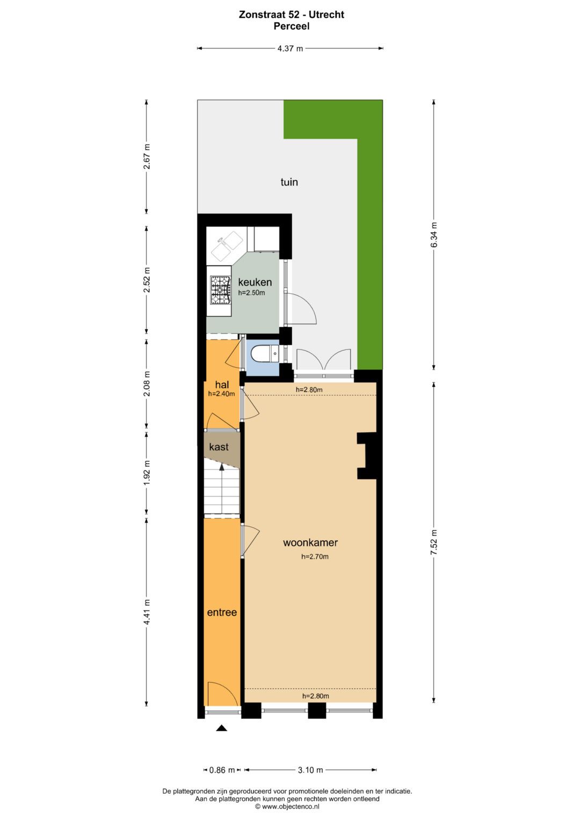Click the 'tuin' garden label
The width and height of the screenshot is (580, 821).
pyautogui.click(x=289, y=182)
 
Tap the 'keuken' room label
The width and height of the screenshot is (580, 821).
pyautogui.click(x=255, y=282)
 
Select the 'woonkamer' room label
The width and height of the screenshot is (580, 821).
pyautogui.click(x=310, y=542)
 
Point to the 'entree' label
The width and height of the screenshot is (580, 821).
pyautogui.click(x=222, y=612)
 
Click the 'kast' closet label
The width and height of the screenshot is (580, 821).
pyautogui.click(x=219, y=447)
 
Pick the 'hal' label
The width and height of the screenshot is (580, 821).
pyautogui.click(x=222, y=384)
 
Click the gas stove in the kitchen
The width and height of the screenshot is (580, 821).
pyautogui.click(x=220, y=290)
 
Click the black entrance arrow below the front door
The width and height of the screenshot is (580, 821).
pyautogui.click(x=221, y=728)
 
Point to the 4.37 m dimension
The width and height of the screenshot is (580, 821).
pyautogui.click(x=290, y=48)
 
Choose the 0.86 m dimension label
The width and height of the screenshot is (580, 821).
pyautogui.click(x=222, y=770)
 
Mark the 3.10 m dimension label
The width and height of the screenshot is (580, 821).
pyautogui.click(x=310, y=770)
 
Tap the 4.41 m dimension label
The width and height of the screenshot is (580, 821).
pyautogui.click(x=147, y=612)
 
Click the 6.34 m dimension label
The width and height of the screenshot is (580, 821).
pyautogui.click(x=434, y=235)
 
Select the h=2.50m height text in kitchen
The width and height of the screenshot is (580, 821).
pyautogui.click(x=251, y=293)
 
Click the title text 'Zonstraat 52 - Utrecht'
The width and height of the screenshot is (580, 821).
pyautogui.click(x=291, y=15)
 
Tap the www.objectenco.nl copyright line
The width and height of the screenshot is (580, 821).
pyautogui.click(x=287, y=806)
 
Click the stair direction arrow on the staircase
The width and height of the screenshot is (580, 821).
pyautogui.click(x=222, y=468)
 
